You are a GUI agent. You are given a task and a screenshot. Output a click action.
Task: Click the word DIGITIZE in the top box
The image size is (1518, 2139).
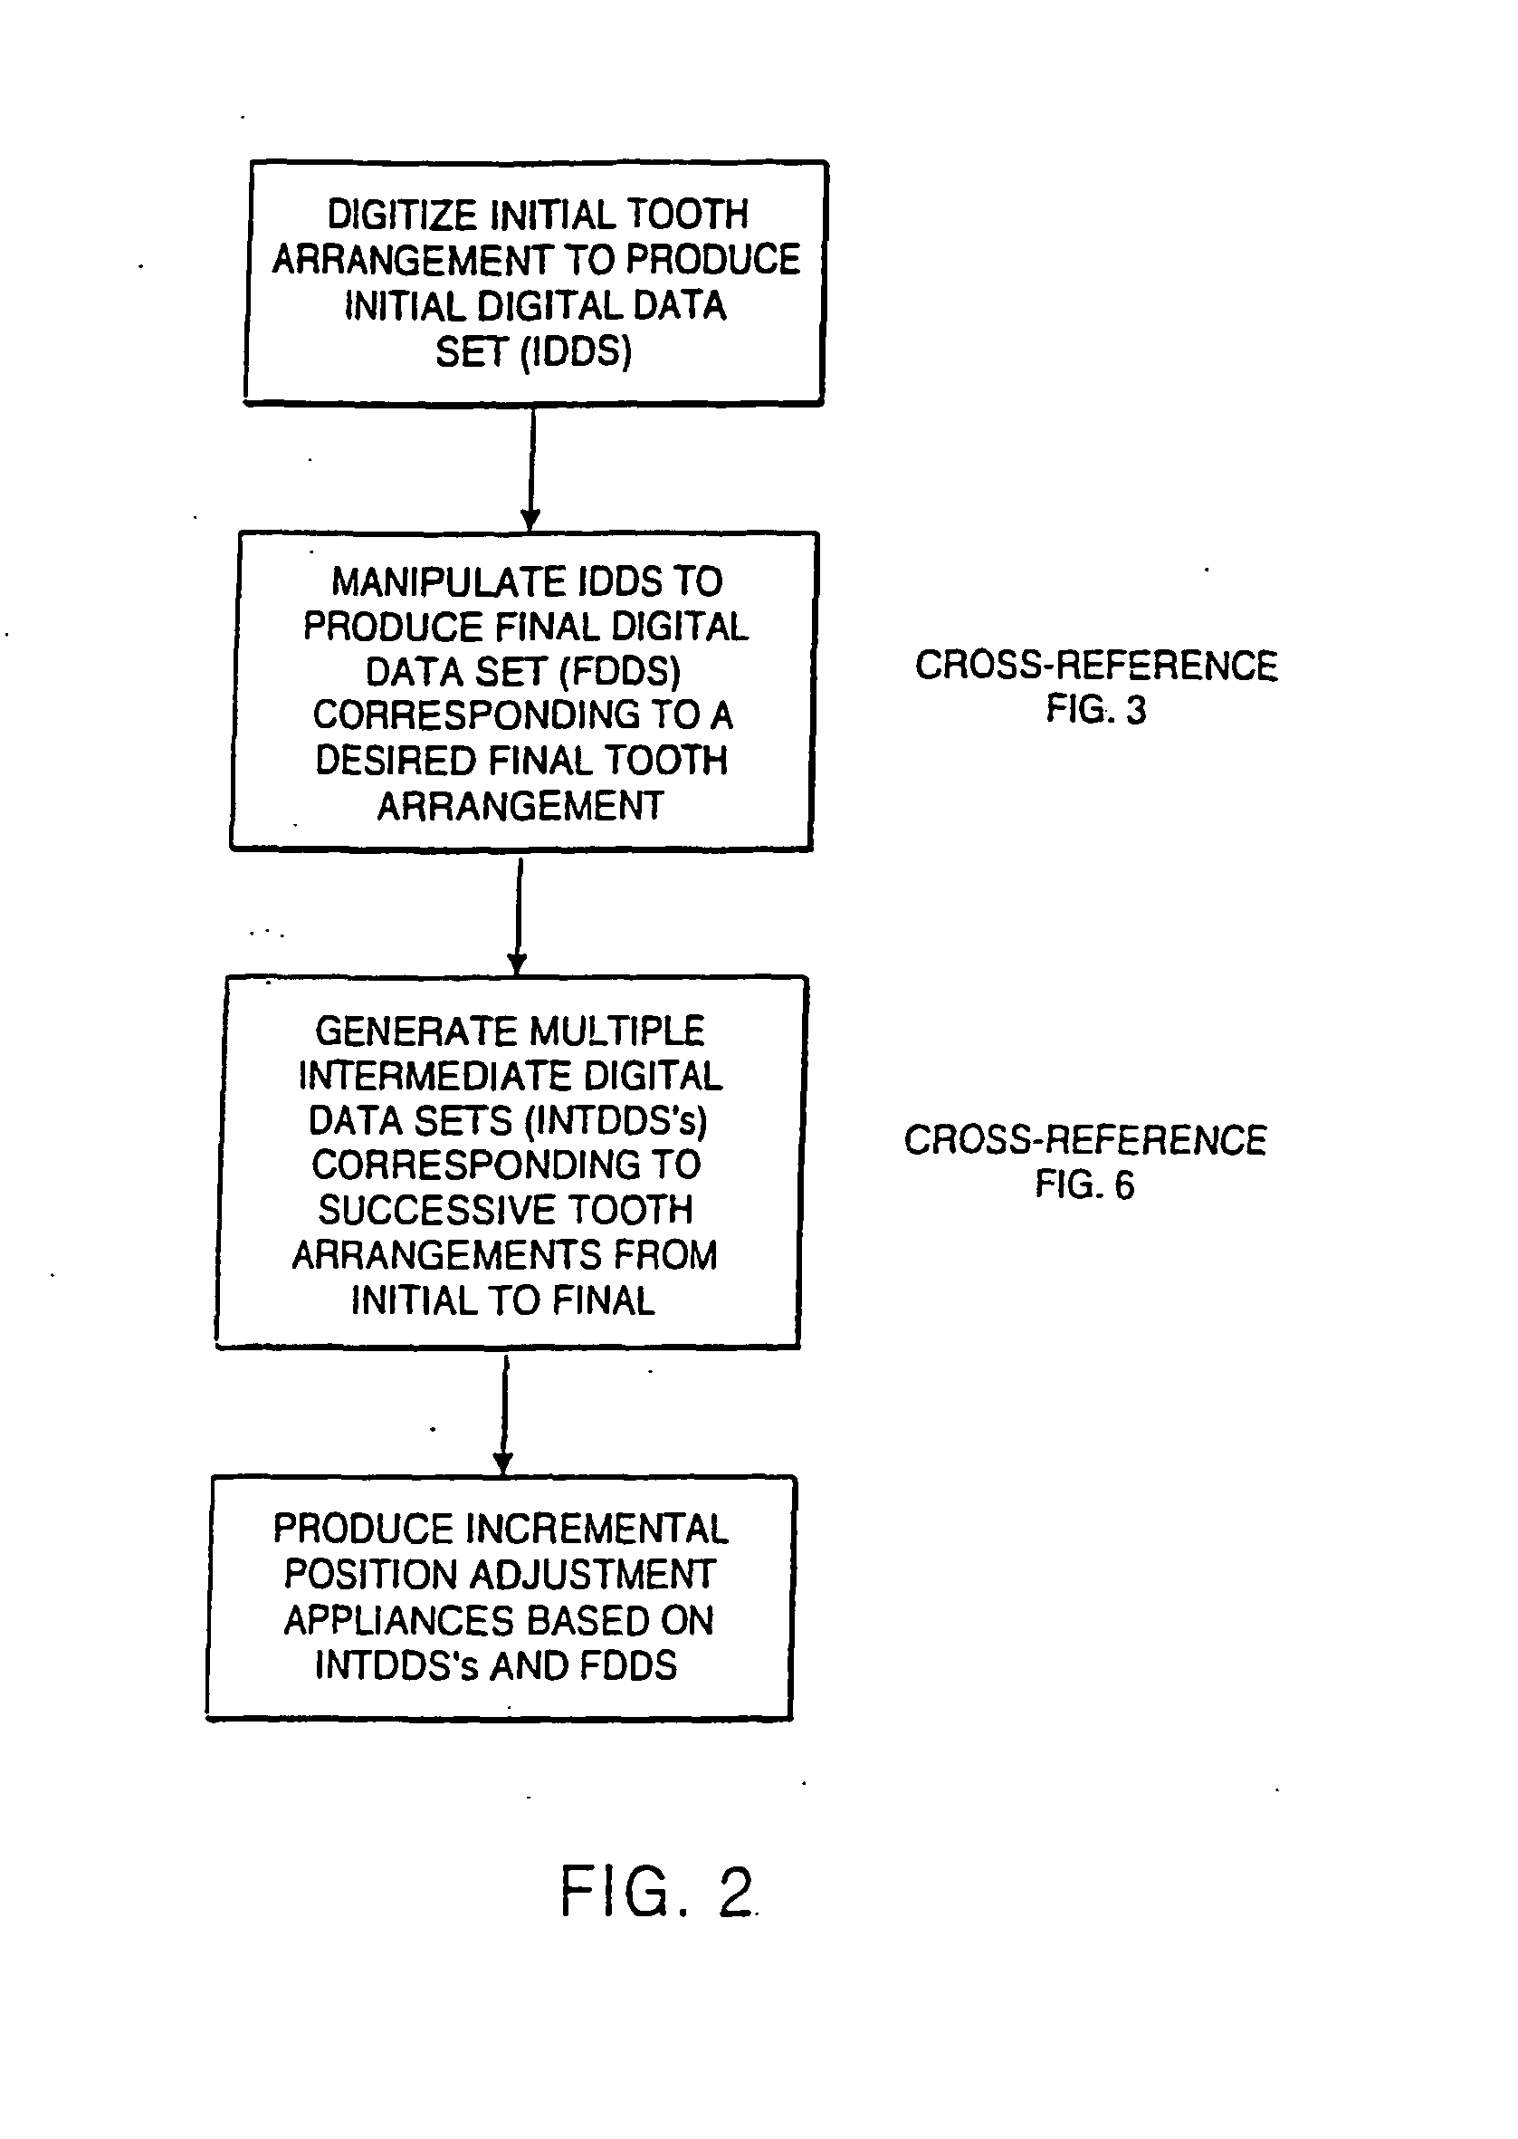click(404, 215)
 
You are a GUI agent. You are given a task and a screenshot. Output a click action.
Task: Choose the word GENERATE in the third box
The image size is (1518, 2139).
click(403, 1031)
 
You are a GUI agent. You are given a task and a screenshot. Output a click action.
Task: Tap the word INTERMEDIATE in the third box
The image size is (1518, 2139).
click(434, 1076)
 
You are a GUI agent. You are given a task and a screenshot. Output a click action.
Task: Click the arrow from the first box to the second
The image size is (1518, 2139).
click(531, 467)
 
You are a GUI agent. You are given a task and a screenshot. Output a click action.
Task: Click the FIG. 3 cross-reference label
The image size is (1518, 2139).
click(1095, 710)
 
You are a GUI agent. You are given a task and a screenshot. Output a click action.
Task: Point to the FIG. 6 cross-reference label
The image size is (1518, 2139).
click(1084, 1185)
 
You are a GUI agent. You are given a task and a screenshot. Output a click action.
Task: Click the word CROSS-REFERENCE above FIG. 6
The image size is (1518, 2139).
click(1085, 1139)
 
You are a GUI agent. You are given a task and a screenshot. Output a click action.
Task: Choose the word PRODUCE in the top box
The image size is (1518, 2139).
click(713, 260)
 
